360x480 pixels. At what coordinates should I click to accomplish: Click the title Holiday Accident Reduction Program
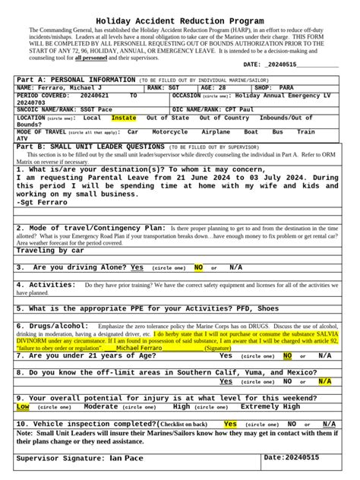179,21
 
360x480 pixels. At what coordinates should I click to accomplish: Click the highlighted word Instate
124,118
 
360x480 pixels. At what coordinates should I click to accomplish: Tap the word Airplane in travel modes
216,132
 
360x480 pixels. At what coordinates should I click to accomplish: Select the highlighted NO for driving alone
199,267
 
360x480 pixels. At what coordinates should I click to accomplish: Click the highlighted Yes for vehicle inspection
230,424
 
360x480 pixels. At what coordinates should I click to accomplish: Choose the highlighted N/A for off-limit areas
325,381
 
